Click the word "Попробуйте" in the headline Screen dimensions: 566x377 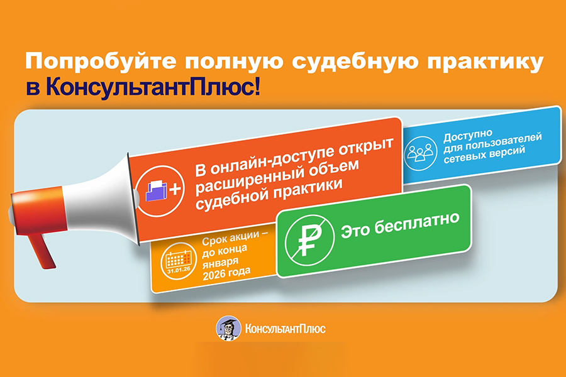point(101,62)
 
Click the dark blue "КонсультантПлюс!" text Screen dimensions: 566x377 point(153,87)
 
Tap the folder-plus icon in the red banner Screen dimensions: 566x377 point(160,191)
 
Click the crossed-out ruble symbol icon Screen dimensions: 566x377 point(309,240)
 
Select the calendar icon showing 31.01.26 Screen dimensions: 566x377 point(179,261)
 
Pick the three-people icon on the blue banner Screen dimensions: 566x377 point(420,153)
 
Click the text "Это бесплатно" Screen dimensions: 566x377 point(400,225)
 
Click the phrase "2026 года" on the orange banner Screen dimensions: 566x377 point(226,273)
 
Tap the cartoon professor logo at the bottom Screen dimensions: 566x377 point(228,328)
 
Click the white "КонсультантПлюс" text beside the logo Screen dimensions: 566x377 point(285,329)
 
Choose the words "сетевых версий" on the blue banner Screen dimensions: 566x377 point(484,154)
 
